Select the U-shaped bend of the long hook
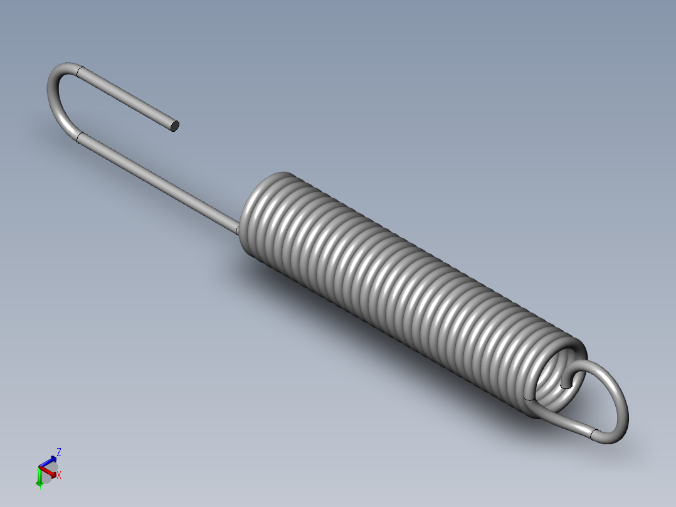point(54,100)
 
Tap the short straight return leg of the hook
point(125,98)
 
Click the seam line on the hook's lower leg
point(79,138)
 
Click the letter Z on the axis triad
point(59,451)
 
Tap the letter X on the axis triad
point(59,476)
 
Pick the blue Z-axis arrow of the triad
point(49,461)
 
